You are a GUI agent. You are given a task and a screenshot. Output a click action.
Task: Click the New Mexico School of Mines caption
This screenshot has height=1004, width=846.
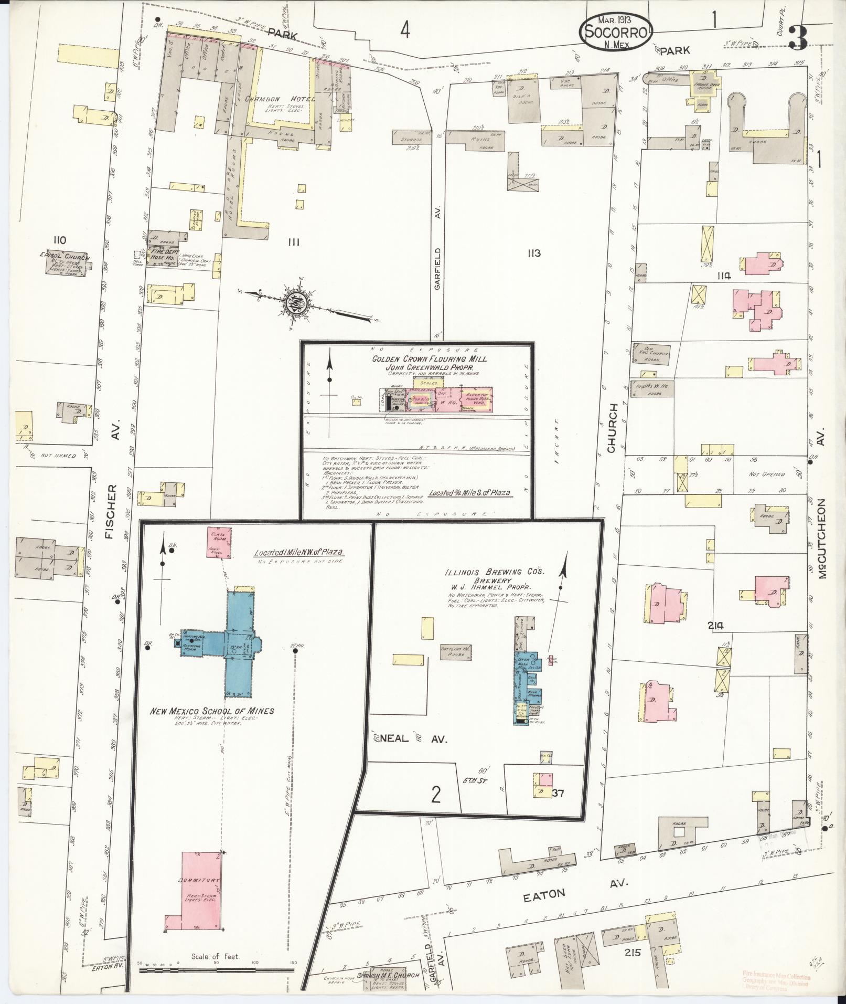pos(212,711)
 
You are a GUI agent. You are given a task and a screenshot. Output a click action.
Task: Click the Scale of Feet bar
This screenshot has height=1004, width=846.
pos(215,970)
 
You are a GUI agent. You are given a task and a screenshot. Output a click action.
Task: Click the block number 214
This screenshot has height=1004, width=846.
pos(715,625)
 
